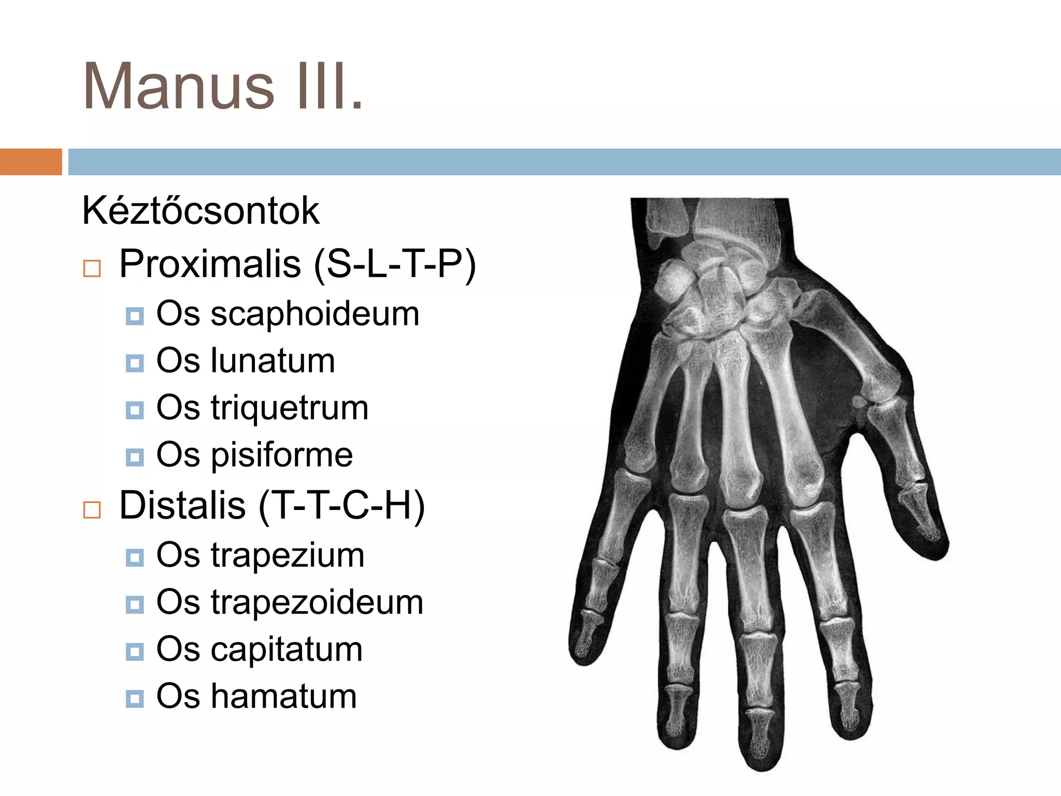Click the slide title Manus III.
click(x=223, y=87)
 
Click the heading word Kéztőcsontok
click(x=200, y=211)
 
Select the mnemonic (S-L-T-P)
click(x=394, y=265)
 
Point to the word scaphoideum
click(x=315, y=314)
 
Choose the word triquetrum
click(x=290, y=408)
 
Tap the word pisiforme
click(x=282, y=455)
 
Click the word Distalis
click(x=182, y=505)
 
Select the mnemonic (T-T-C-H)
click(x=341, y=506)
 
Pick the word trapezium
click(x=288, y=555)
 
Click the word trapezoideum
click(x=317, y=602)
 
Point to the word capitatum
click(x=286, y=649)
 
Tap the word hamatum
click(x=284, y=696)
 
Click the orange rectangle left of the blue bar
click(x=31, y=162)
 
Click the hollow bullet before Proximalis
click(x=92, y=268)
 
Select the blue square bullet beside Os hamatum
click(x=135, y=699)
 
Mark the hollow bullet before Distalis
click(x=92, y=509)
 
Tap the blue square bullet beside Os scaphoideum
click(x=135, y=316)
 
